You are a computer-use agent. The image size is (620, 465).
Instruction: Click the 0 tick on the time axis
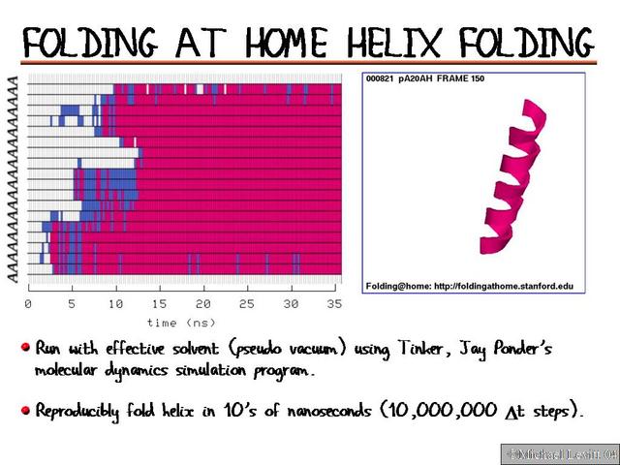[x=27, y=303]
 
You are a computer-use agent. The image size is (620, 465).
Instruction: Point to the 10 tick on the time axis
[x=115, y=303]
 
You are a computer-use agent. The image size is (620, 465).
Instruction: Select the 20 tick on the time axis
[x=203, y=303]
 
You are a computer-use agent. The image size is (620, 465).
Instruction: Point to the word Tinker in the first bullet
[x=422, y=348]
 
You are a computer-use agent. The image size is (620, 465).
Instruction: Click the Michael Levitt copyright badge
[x=558, y=453]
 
